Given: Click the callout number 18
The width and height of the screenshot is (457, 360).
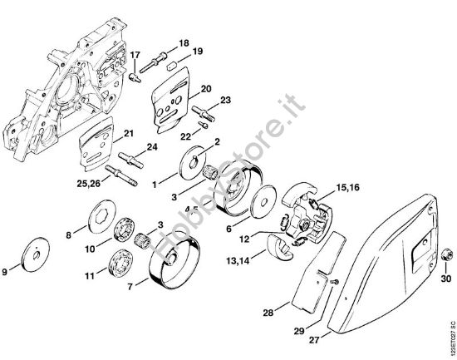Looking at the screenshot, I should [x=184, y=42].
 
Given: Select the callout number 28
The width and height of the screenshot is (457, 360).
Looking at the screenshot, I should [x=267, y=313].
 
